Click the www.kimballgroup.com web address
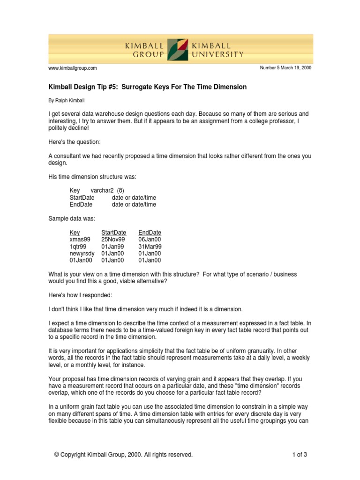(73, 68)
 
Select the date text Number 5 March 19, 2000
(285, 68)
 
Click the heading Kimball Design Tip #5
(148, 87)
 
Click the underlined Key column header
(75, 232)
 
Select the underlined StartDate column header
(113, 232)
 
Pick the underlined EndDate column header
(150, 232)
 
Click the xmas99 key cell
(80, 239)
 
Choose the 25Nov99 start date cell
(113, 239)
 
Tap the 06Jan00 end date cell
(150, 239)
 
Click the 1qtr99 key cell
(78, 246)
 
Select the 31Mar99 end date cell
(150, 246)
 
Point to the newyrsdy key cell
(82, 253)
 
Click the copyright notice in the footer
(123, 454)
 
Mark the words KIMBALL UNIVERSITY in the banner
(217, 50)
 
